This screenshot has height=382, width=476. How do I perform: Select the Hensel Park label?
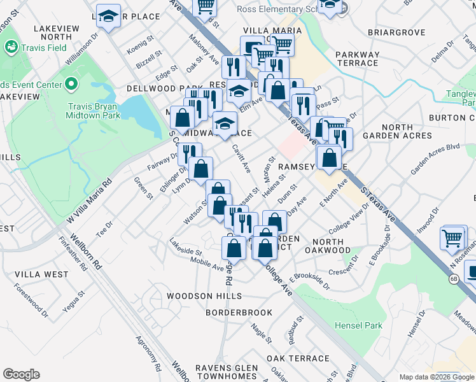click(x=359, y=325)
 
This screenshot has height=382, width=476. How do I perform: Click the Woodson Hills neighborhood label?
click(x=204, y=296)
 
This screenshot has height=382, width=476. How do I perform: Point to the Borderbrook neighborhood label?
click(x=239, y=313)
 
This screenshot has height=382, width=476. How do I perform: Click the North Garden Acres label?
click(x=398, y=131)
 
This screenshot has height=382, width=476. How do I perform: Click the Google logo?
click(x=22, y=374)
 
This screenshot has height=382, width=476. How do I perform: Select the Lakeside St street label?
click(x=185, y=247)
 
